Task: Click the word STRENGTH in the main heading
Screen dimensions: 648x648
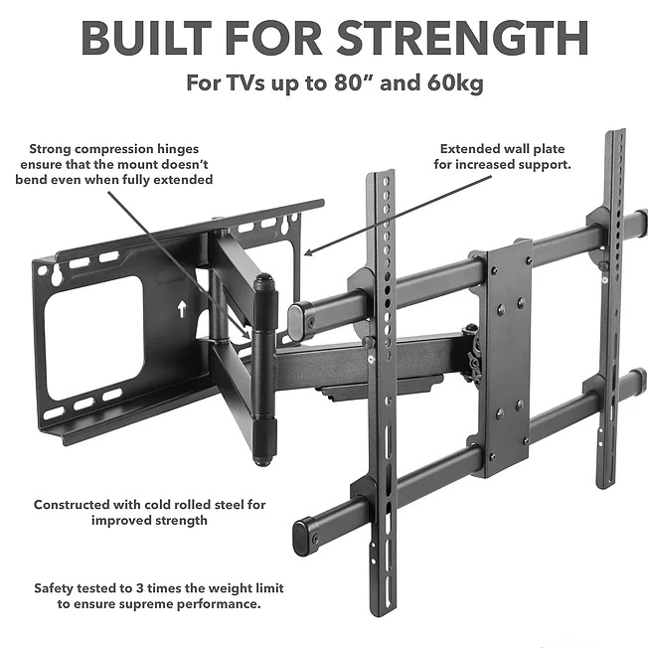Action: click(463, 38)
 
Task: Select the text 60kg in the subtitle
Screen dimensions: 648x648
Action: click(455, 82)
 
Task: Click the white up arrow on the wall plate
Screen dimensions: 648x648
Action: click(182, 309)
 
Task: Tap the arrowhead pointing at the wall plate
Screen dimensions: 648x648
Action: click(309, 252)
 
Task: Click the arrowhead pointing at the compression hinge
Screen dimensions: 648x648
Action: click(246, 334)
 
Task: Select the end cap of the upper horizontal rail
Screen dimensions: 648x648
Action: click(296, 322)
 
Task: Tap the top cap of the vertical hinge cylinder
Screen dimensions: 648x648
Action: click(264, 282)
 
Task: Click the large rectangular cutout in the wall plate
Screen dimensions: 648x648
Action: click(93, 339)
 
